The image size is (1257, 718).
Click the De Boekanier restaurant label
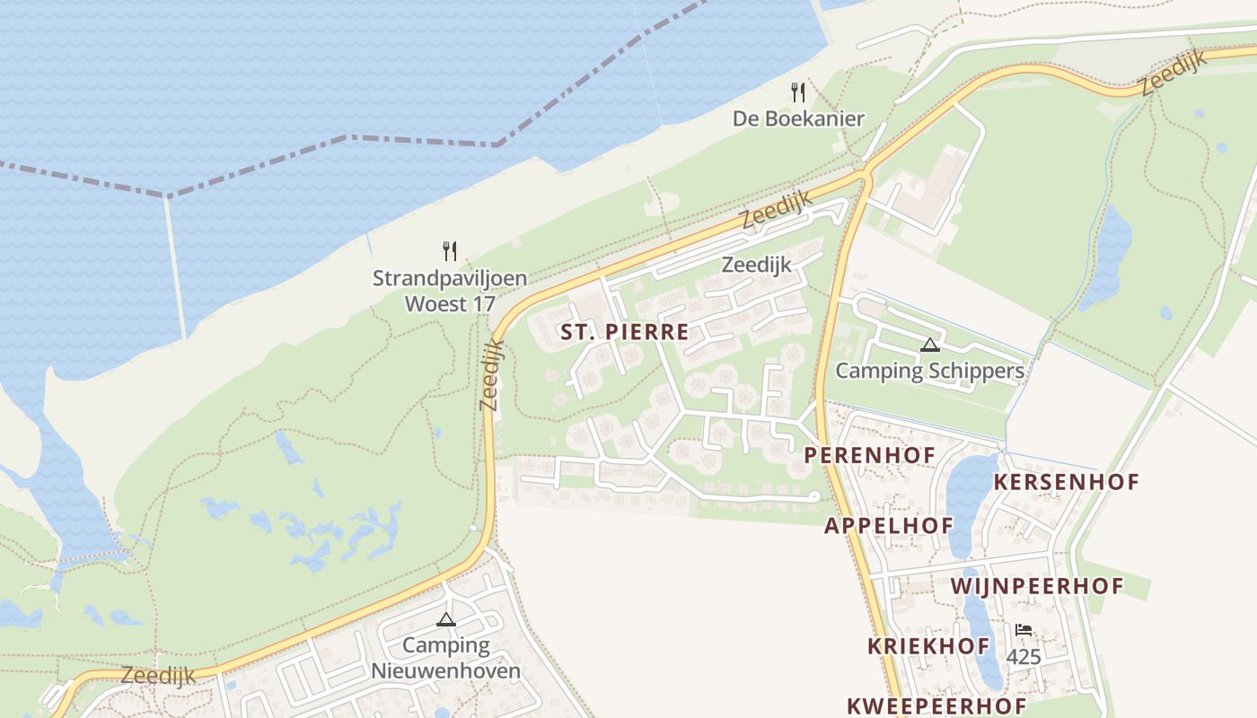click(798, 118)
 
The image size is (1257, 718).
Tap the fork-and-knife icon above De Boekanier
click(797, 92)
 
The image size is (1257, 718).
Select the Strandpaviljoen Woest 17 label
click(449, 291)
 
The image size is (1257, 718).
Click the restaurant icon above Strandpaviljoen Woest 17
click(450, 251)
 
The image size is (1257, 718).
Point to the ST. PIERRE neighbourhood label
click(625, 332)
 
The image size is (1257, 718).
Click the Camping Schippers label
click(929, 371)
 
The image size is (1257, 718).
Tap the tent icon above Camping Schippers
click(929, 345)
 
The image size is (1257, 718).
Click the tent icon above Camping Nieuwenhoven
click(445, 619)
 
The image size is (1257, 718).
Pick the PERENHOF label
click(869, 455)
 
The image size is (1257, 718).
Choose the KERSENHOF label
click(1066, 482)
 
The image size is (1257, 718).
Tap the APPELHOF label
click(889, 525)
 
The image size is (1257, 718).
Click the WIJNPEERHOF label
click(1037, 587)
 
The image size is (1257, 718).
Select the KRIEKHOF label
click(928, 646)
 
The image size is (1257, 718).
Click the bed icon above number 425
click(1024, 630)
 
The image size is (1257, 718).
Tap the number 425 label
click(1024, 657)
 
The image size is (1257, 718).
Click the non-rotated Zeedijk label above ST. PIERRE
click(757, 265)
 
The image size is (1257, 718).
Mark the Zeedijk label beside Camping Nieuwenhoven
click(158, 676)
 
